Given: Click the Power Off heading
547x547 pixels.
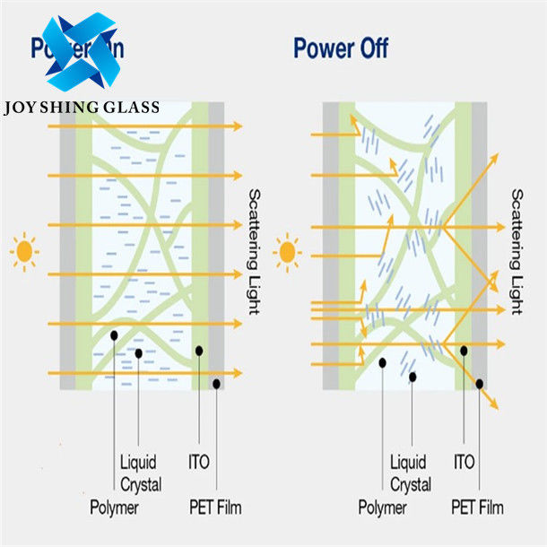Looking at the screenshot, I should tap(341, 48).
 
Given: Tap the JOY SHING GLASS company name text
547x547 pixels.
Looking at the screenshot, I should tap(82, 108).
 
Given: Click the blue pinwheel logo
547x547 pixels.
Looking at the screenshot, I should tap(80, 52).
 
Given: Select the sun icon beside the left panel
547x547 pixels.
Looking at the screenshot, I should tap(24, 251).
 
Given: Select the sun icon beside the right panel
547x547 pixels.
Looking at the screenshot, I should tap(288, 251).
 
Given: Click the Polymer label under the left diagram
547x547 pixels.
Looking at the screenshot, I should tap(114, 508).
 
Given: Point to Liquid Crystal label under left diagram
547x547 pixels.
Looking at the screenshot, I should tap(141, 473).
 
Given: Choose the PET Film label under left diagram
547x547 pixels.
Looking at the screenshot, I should tap(215, 508).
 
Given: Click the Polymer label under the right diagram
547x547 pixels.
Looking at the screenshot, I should tap(383, 508).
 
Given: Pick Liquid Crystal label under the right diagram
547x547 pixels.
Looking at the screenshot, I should tap(411, 473).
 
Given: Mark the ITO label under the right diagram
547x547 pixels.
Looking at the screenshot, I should tap(464, 463).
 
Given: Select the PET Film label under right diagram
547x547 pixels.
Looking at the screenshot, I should tap(479, 508).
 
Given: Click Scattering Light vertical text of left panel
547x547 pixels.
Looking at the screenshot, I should tap(254, 251).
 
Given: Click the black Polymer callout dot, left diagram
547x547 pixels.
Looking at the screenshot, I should tap(115, 334).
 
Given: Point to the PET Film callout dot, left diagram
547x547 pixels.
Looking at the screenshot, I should tap(217, 384).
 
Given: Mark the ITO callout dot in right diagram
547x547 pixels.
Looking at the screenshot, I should tap(464, 349).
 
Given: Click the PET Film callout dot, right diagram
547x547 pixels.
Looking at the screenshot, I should tap(481, 384).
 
